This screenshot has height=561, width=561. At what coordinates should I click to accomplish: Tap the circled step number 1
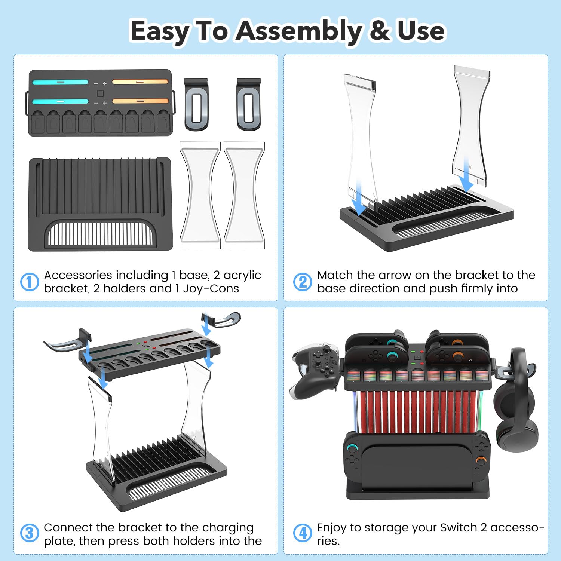click(30, 282)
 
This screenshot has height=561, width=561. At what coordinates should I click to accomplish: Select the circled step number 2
click(303, 282)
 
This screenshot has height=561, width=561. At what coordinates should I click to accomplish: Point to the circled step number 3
click(30, 533)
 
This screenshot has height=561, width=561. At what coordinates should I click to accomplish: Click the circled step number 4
click(303, 533)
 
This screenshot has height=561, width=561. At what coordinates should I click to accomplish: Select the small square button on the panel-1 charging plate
click(100, 93)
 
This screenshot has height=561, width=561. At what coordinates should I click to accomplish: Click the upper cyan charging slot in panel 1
click(60, 82)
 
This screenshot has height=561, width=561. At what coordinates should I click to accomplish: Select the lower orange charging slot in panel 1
click(140, 101)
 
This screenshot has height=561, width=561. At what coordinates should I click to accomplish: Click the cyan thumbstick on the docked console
click(352, 448)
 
